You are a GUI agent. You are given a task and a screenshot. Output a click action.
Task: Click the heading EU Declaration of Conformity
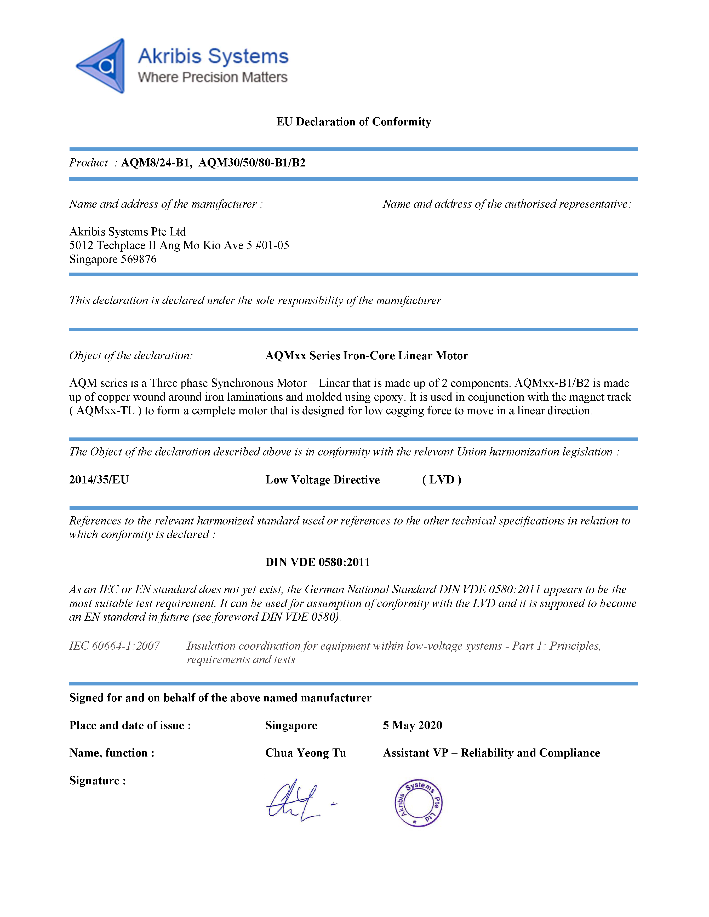click(x=354, y=122)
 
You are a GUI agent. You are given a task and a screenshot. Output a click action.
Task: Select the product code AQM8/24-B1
click(x=156, y=163)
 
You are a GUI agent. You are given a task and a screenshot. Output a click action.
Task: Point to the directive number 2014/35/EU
click(x=99, y=480)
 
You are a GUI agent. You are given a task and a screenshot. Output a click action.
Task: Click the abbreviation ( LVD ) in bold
click(x=442, y=480)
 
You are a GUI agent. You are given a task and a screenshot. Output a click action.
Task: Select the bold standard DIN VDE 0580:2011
click(x=318, y=562)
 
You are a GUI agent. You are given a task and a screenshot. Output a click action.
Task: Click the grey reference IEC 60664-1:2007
click(x=114, y=646)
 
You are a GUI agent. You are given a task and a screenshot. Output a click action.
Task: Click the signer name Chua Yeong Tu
click(x=305, y=753)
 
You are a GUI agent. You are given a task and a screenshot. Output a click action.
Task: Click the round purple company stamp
click(x=418, y=803)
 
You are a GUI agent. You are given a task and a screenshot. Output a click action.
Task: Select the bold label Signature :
click(x=98, y=781)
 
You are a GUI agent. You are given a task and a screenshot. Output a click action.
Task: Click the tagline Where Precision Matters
click(x=213, y=77)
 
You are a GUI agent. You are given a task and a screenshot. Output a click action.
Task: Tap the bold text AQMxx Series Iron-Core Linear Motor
click(x=366, y=356)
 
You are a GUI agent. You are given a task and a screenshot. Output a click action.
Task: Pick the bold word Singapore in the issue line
click(x=291, y=725)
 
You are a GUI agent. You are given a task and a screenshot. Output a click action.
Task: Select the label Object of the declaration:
click(x=131, y=356)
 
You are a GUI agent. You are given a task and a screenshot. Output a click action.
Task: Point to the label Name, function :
click(x=112, y=753)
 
